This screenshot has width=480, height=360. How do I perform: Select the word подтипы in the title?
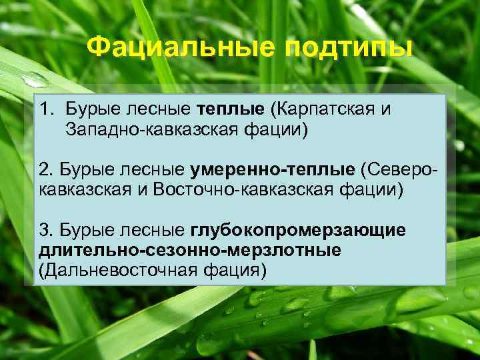click(x=347, y=48)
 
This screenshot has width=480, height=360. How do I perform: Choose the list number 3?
click(x=45, y=230)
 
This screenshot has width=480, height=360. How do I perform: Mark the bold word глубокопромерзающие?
click(x=298, y=230)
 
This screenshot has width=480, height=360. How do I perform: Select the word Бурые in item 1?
click(x=91, y=109)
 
